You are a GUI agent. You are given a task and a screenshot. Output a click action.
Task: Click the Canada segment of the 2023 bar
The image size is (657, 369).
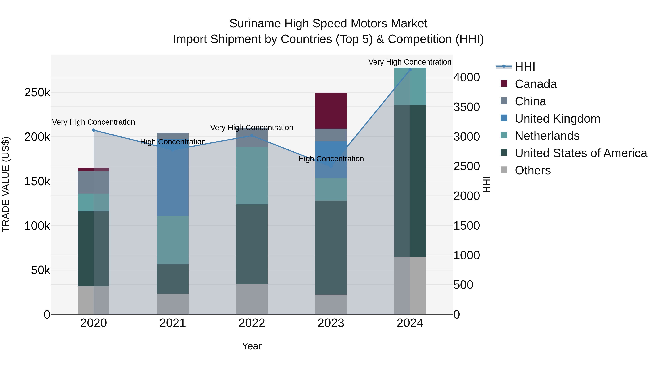coord(331,111)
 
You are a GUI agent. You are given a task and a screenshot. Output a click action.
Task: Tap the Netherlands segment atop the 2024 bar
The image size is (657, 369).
coord(410,87)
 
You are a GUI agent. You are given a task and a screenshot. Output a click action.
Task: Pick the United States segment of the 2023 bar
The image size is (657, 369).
coord(331,247)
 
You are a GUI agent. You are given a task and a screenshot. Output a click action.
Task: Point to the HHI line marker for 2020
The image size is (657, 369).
coord(94,130)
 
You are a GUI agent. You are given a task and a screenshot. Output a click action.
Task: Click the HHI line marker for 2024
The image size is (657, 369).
coord(410,70)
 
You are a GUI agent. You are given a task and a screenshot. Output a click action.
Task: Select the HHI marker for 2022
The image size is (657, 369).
coord(252,136)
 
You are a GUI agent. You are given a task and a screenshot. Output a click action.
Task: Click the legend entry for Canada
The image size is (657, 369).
coord(536,84)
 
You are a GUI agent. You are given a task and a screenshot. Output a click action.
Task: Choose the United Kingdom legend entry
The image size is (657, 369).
coord(557,119)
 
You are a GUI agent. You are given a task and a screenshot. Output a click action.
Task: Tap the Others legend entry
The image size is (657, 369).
coord(533,170)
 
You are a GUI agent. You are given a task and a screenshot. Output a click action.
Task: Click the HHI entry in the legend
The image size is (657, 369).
coord(525,67)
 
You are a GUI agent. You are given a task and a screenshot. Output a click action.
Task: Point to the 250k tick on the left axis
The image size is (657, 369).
coord(37,92)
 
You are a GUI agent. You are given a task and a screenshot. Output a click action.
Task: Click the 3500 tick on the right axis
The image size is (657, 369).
coord(466,107)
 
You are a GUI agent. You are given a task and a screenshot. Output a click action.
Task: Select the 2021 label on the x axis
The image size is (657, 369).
coord(173,323)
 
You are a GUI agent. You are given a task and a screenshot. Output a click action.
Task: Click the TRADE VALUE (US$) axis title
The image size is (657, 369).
coord(6,184)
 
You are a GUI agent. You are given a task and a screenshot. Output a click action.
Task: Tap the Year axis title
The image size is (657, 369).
coord(252,346)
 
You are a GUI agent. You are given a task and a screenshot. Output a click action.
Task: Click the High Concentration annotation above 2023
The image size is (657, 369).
coord(331,159)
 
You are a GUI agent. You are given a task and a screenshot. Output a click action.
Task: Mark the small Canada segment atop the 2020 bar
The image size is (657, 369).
coord(94,169)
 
